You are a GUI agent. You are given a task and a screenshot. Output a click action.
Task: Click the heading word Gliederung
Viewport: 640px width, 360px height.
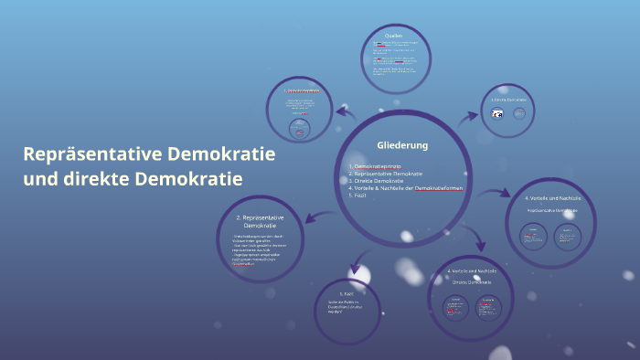402,145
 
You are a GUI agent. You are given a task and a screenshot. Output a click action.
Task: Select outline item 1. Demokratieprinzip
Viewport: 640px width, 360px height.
375,166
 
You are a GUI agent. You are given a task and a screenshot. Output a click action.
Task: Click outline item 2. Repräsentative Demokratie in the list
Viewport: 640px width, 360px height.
386,174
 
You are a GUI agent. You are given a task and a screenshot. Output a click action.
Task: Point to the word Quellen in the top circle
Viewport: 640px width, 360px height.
394,35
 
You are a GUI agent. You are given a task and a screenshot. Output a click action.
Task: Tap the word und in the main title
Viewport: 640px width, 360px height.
39,178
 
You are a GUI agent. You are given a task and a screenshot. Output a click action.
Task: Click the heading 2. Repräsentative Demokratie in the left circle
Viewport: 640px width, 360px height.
261,221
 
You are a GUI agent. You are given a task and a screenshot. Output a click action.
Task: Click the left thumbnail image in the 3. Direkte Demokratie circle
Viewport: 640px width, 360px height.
497,113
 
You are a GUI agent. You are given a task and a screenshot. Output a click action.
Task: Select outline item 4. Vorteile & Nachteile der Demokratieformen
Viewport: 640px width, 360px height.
418,188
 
